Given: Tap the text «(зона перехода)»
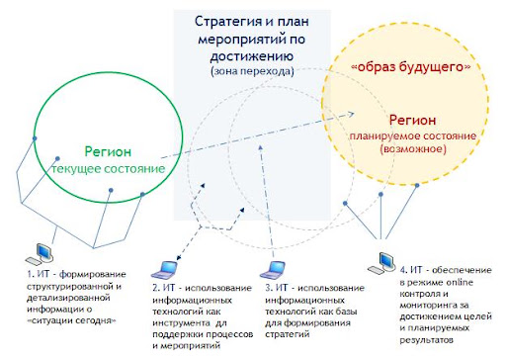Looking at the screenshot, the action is pyautogui.click(x=252, y=71).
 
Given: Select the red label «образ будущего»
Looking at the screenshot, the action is pyautogui.click(x=411, y=67).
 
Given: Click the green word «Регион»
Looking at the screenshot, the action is pyautogui.click(x=108, y=152).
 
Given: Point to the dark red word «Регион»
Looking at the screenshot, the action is pyautogui.click(x=412, y=120).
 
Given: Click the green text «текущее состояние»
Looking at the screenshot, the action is pyautogui.click(x=109, y=169).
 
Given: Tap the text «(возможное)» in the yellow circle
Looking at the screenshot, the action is pyautogui.click(x=413, y=149).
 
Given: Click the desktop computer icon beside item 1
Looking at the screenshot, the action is pyautogui.click(x=40, y=254).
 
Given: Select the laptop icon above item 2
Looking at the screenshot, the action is pyautogui.click(x=164, y=270).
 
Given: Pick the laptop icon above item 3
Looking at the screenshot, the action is pyautogui.click(x=272, y=270).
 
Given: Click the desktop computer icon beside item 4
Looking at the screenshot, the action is pyautogui.click(x=381, y=263).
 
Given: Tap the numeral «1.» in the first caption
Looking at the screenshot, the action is pyautogui.click(x=31, y=274).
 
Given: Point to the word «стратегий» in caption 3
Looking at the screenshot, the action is pyautogui.click(x=288, y=334).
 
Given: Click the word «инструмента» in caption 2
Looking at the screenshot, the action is pyautogui.click(x=181, y=323).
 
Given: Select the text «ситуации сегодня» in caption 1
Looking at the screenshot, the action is pyautogui.click(x=72, y=320).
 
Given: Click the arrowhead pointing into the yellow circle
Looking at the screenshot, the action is pyautogui.click(x=351, y=115).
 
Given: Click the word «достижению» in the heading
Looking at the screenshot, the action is pyautogui.click(x=252, y=56).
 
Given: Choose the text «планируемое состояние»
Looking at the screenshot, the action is pyautogui.click(x=413, y=136).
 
